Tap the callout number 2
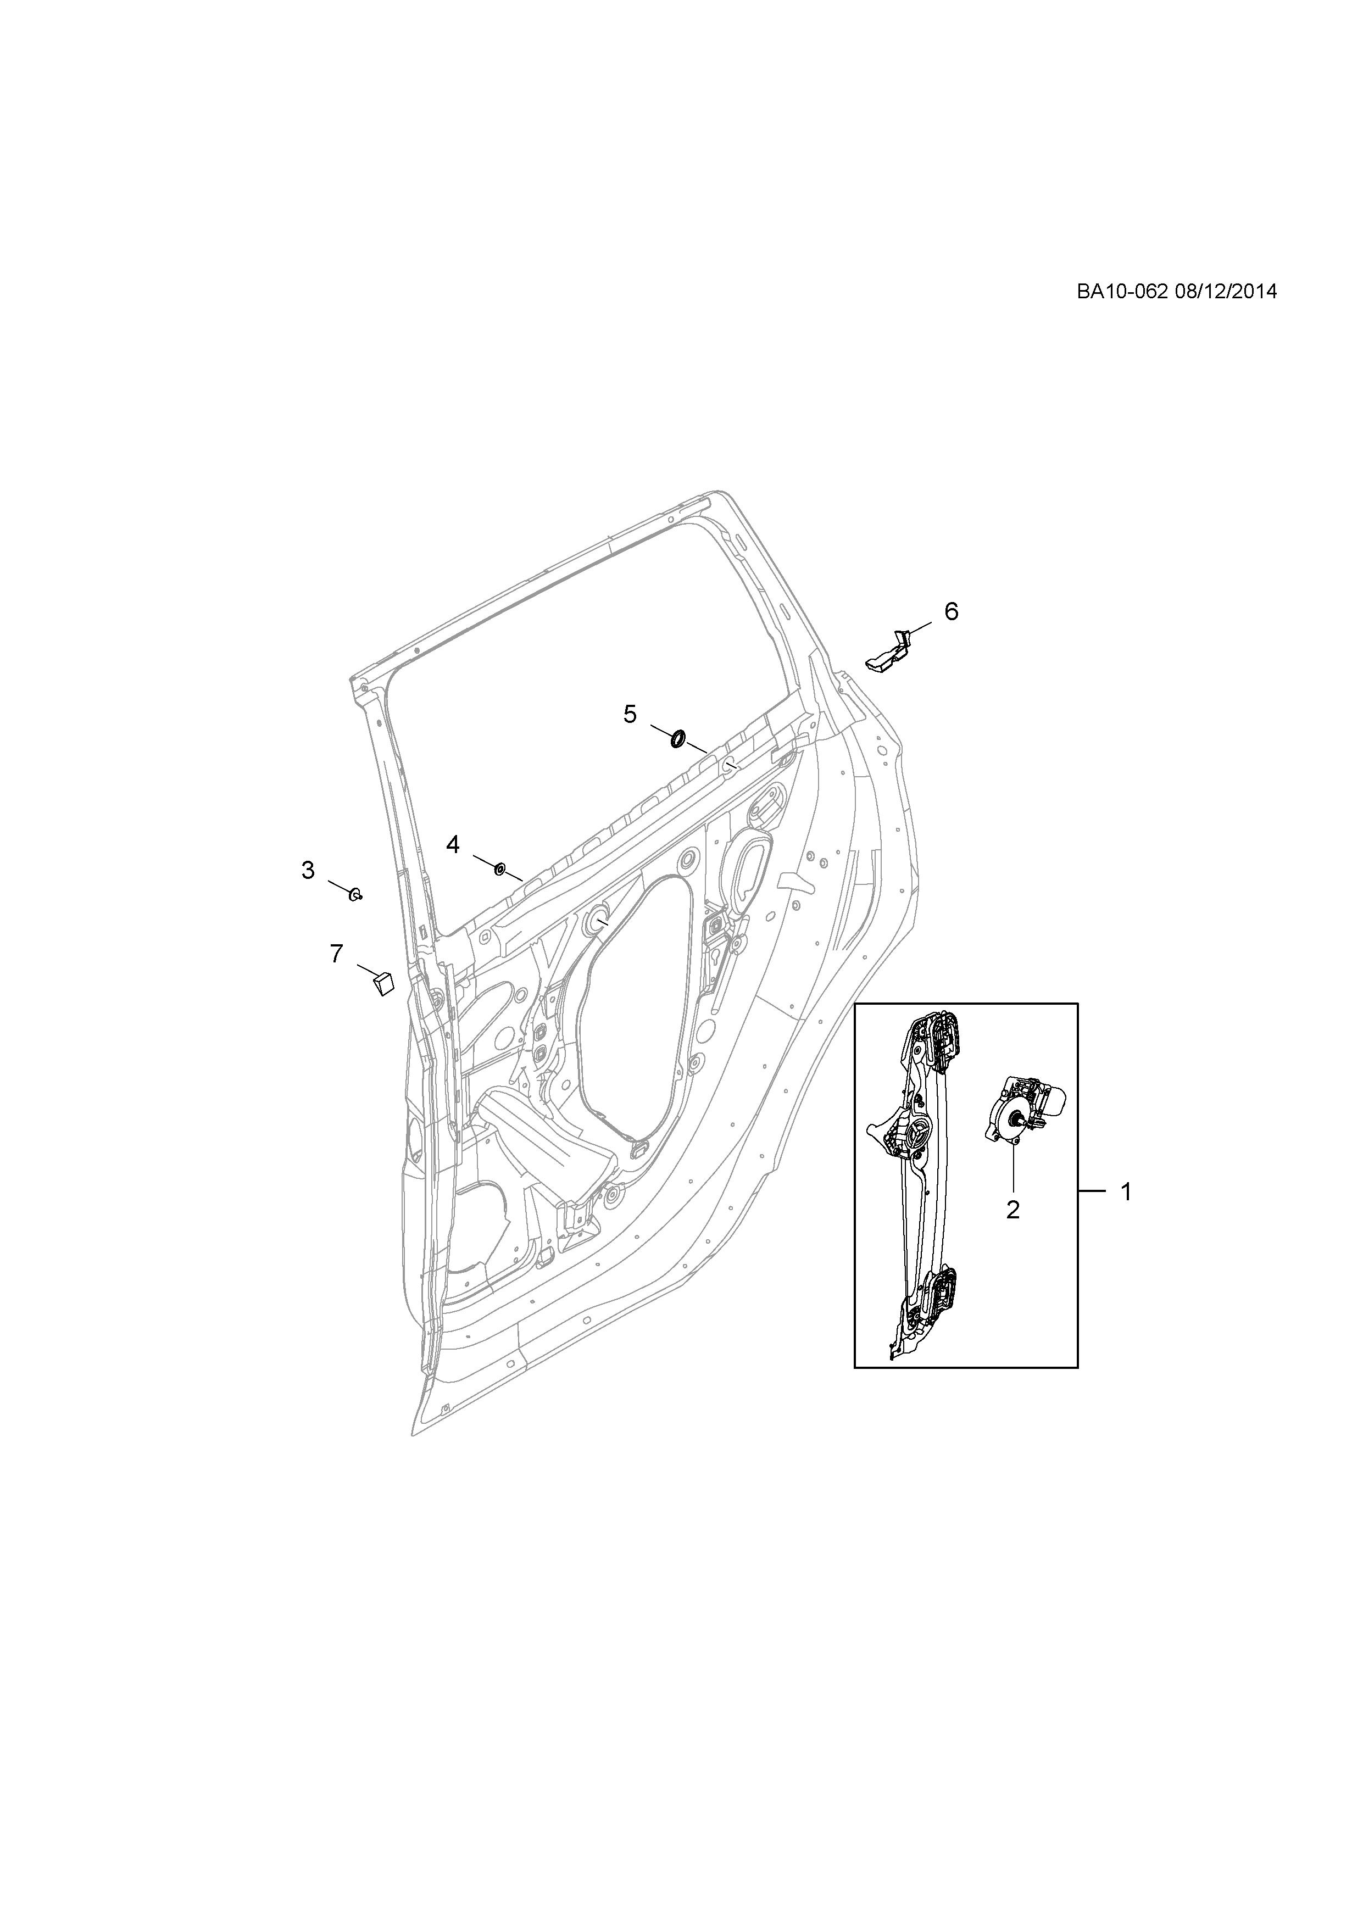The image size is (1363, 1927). pyautogui.click(x=1013, y=1210)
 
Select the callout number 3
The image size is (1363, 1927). pyautogui.click(x=308, y=870)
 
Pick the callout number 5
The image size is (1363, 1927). pyautogui.click(x=630, y=714)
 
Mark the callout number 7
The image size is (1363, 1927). pyautogui.click(x=337, y=954)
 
